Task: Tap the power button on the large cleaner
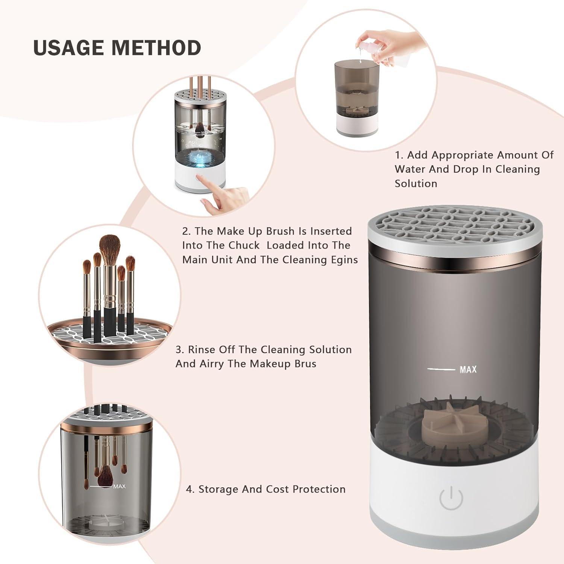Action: (x=451, y=498)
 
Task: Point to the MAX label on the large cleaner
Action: (x=468, y=370)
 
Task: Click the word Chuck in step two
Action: (x=246, y=246)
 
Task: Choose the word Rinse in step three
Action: (x=202, y=350)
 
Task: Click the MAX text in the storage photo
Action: (x=119, y=487)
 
